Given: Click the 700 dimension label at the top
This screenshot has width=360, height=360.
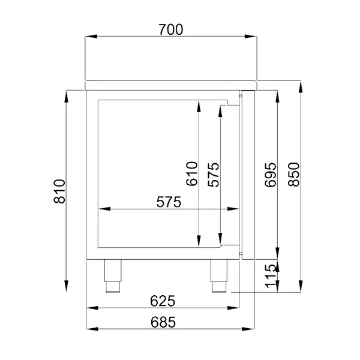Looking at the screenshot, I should click(x=171, y=28).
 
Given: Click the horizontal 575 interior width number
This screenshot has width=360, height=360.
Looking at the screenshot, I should click(x=169, y=202).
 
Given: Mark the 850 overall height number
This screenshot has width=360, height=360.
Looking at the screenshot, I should click(x=293, y=174).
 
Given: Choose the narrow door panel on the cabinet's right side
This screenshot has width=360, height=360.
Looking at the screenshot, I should click(x=242, y=174).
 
